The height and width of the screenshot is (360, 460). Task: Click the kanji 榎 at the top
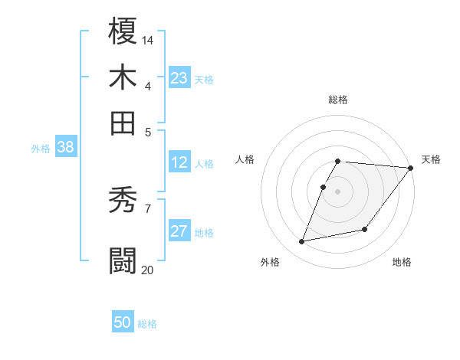coord(123,32)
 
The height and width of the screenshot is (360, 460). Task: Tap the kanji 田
coord(123,122)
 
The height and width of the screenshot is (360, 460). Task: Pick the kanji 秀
coord(123,201)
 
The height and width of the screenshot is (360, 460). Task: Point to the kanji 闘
coord(123,259)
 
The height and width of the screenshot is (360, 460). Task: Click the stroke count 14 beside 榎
coord(148,39)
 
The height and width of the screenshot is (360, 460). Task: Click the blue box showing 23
coord(179,78)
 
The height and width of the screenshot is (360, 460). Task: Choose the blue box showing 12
coord(179,162)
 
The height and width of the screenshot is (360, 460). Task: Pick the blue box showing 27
coord(179,232)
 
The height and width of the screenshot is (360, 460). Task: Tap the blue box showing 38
coord(65,148)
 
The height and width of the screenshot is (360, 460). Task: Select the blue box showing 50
coord(123,323)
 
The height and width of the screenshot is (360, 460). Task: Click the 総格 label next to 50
coord(147,324)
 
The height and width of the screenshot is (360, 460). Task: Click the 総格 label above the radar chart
coord(337,100)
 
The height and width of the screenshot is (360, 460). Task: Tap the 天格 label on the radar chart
coord(431,159)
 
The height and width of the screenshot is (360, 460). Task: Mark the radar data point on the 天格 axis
coord(411,168)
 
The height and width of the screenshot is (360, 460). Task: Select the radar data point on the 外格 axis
coord(302,242)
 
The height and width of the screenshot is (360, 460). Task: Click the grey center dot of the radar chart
coord(337,191)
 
